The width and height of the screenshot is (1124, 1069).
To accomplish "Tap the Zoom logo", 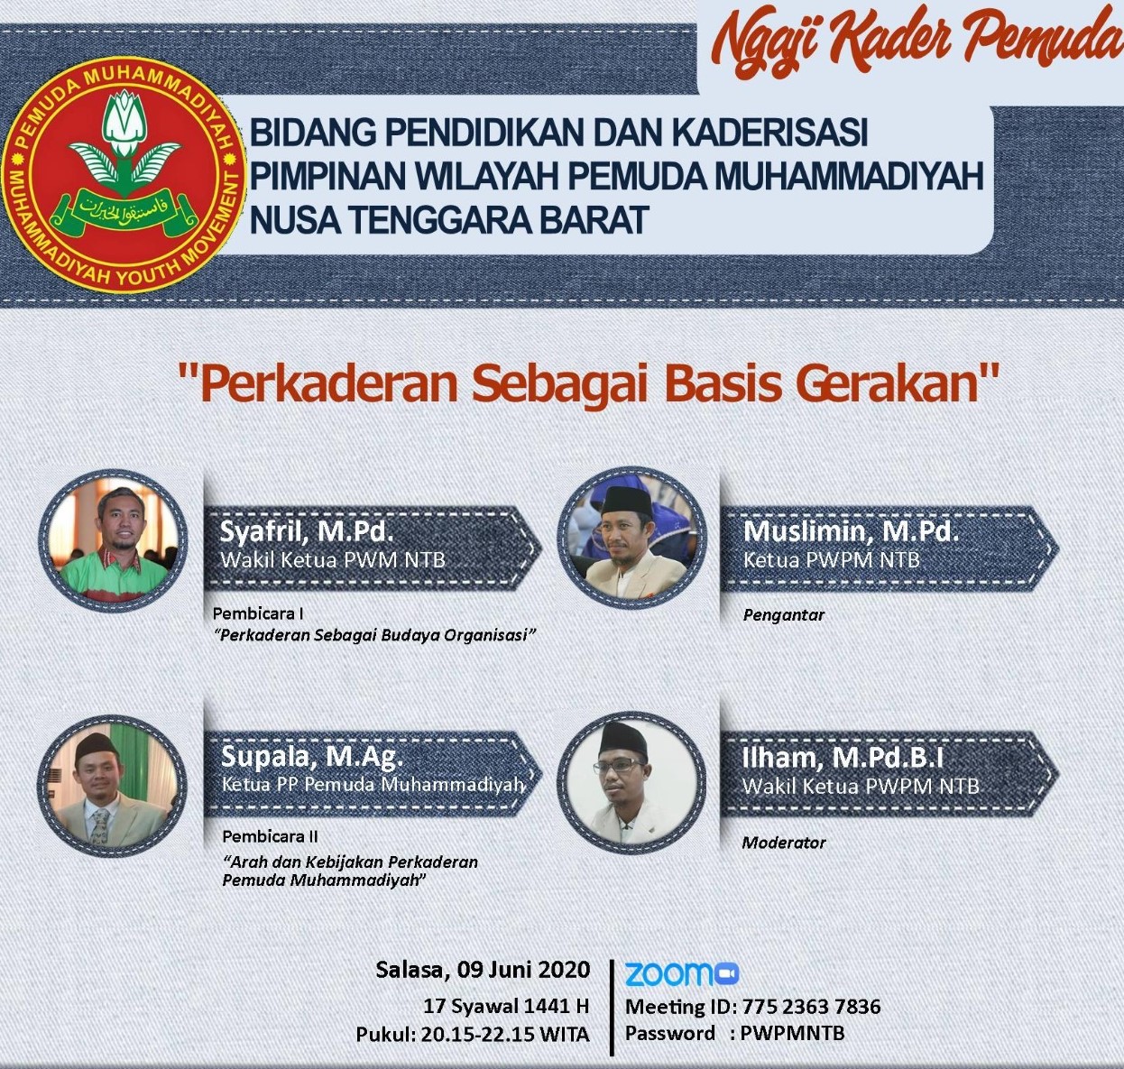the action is point(681,973).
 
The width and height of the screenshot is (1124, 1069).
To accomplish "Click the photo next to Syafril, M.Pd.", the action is point(113,541).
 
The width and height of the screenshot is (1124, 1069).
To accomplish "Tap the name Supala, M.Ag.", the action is point(312,758).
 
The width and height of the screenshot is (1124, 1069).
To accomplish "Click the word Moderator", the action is point(784,843).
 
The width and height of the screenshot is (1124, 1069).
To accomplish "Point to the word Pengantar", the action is point(783,616).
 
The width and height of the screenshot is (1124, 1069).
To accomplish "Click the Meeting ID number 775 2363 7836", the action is point(811,1006).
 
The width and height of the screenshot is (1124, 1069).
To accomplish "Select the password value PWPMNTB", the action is point(792,1033).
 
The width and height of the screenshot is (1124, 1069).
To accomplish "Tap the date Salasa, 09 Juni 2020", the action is point(484,970).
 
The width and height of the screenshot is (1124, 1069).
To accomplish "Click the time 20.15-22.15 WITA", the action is point(505,1034).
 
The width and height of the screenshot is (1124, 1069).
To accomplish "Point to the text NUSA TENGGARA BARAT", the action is point(449,219).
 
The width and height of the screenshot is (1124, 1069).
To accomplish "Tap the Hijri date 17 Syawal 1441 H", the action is point(506,1006).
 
